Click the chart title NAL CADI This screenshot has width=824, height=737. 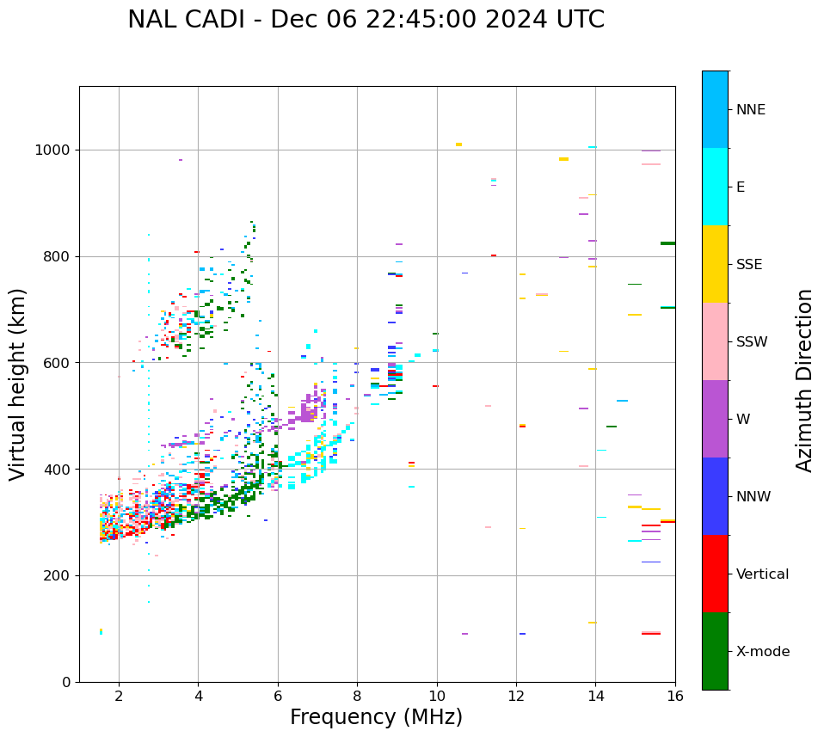(x=366, y=20)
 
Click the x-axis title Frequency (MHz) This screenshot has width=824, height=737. (x=376, y=717)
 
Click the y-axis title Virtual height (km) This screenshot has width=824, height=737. (x=18, y=384)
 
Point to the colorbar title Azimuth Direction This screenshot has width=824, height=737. (x=804, y=380)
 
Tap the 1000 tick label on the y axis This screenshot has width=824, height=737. (x=53, y=150)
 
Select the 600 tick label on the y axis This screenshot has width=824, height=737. (x=58, y=363)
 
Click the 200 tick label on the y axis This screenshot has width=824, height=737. (x=58, y=576)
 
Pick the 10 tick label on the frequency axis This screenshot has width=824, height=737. (x=437, y=696)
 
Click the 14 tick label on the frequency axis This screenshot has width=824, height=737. (x=596, y=696)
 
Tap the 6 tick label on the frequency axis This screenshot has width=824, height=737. (x=278, y=696)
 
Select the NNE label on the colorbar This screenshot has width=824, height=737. (x=751, y=110)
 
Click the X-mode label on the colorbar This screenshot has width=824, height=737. (x=763, y=652)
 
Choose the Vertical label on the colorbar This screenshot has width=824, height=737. (x=762, y=574)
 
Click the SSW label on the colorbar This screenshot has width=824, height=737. (x=752, y=342)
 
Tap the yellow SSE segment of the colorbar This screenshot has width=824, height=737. (x=715, y=264)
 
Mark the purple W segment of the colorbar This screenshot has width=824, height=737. (x=715, y=419)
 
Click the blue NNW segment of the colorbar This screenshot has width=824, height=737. (x=715, y=496)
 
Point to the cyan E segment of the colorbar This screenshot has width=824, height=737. (x=715, y=187)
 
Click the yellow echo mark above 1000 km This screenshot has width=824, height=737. (x=458, y=144)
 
